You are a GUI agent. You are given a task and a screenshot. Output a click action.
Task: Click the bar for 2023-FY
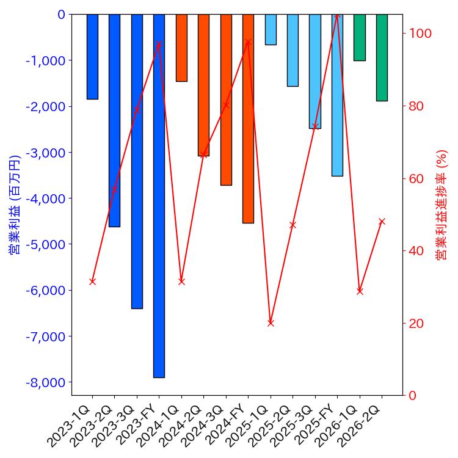click(x=159, y=195)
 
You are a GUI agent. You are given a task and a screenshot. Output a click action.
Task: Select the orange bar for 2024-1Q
click(x=181, y=48)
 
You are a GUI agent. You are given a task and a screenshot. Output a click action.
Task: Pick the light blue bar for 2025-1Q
click(x=271, y=29)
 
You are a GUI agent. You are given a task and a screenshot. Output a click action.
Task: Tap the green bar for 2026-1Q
click(x=360, y=37)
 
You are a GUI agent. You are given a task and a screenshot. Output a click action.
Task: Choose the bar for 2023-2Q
click(x=114, y=120)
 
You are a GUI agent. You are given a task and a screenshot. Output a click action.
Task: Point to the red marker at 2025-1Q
click(x=271, y=322)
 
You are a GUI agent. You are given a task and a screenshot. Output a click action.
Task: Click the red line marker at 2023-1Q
click(x=92, y=282)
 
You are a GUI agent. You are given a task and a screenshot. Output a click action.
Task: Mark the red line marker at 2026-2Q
click(x=382, y=221)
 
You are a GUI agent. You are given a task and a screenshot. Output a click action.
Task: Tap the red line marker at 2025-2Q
click(x=293, y=225)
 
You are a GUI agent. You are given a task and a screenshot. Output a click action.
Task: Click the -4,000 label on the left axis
click(x=48, y=198)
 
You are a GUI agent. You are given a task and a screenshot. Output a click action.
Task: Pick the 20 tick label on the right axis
click(x=417, y=323)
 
